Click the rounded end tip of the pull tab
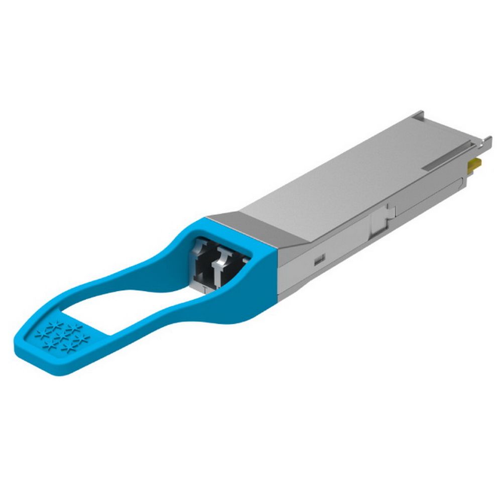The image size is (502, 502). click(25, 351)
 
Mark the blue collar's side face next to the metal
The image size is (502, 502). click(264, 281)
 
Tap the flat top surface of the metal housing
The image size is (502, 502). click(351, 171)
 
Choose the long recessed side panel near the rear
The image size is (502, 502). click(432, 201)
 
